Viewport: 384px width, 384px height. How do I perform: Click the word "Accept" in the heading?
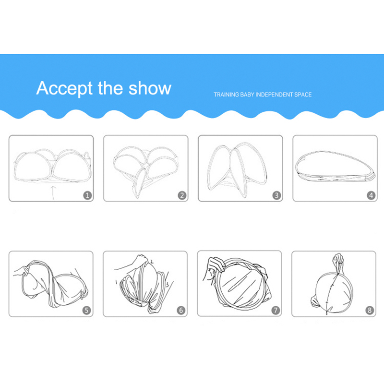tap(64, 89)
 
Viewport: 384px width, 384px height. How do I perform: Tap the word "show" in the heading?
tap(150, 88)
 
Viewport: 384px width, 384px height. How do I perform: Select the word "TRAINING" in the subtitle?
tap(226, 95)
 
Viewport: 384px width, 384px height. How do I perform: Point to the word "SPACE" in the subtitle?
tap(303, 95)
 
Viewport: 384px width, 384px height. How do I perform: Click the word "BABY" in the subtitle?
tap(247, 95)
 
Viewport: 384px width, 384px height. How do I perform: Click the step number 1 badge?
tap(87, 195)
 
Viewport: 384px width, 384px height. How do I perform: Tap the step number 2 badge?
tap(182, 195)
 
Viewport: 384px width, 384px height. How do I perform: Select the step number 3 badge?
tap(277, 195)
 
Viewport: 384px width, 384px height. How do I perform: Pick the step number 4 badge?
tap(371, 195)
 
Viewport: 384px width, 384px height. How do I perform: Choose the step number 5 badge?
tap(86, 310)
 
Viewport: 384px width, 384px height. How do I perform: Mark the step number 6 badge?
tap(181, 310)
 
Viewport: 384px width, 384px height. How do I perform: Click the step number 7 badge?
tap(276, 310)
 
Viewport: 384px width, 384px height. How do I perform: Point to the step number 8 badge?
tap(370, 310)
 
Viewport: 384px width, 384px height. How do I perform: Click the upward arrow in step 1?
tap(53, 193)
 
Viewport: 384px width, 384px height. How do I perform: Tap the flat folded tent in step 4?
tap(335, 166)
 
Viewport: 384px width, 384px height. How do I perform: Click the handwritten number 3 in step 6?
tap(168, 285)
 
